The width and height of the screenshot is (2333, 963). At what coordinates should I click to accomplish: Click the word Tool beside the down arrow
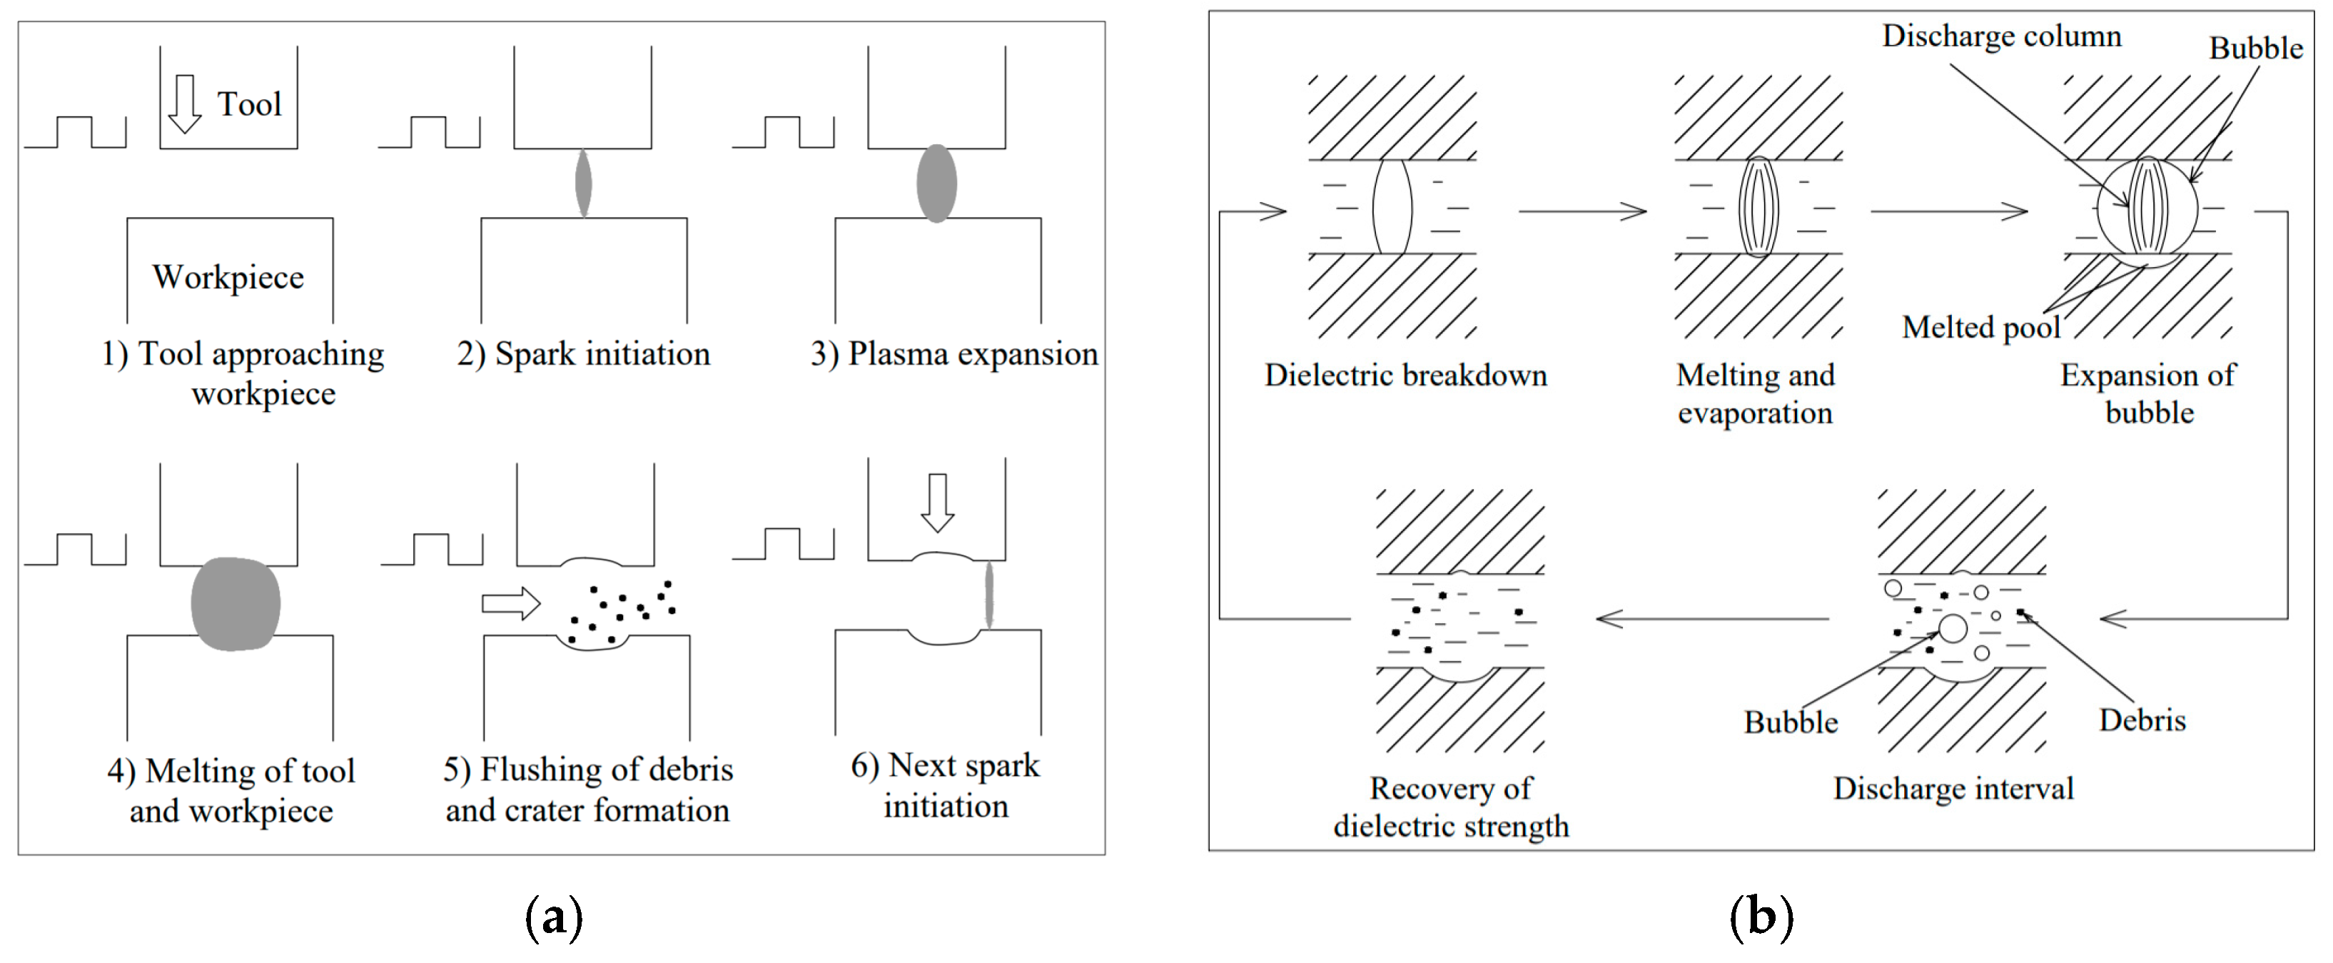pos(249,104)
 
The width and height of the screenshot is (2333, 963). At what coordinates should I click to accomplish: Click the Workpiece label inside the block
pos(228,277)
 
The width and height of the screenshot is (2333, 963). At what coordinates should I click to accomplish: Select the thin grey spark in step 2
pos(583,183)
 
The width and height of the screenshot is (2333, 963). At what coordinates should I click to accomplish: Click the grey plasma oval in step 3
pos(936,183)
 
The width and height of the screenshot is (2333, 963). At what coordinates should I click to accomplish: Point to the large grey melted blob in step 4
pos(236,604)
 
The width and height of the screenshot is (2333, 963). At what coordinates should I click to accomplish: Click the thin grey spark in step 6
pos(988,595)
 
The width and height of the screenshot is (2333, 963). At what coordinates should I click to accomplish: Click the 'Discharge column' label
pos(2002,36)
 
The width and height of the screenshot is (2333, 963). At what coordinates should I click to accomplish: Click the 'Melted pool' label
pos(1980,327)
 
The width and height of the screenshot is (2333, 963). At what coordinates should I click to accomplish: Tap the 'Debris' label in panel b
pos(2142,720)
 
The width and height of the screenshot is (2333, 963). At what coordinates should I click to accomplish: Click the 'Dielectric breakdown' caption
pos(1406,375)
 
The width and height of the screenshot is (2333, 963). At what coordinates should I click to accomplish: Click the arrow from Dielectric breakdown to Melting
pos(1582,211)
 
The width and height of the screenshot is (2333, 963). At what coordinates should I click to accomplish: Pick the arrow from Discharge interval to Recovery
pos(1711,619)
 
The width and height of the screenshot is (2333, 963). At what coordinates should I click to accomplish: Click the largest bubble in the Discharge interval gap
pos(1953,627)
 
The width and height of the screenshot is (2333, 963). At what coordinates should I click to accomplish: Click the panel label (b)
pos(1761,918)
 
